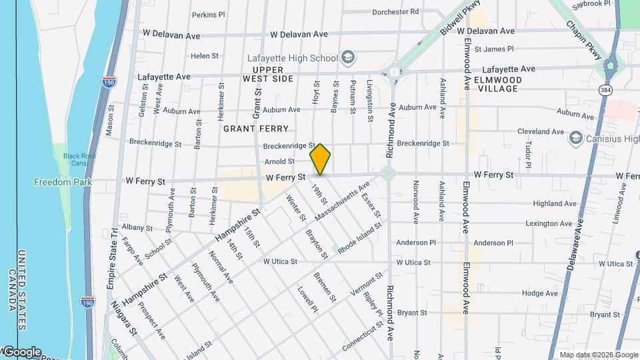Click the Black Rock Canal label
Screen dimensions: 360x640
click(x=75, y=159)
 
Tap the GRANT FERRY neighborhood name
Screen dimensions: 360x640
click(x=256, y=128)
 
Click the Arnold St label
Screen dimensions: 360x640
click(x=279, y=161)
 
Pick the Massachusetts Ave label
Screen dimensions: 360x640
click(x=341, y=203)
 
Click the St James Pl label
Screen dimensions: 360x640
click(x=499, y=49)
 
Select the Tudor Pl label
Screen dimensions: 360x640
click(x=528, y=154)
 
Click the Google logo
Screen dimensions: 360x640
click(x=22, y=351)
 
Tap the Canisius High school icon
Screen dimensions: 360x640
click(x=575, y=139)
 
